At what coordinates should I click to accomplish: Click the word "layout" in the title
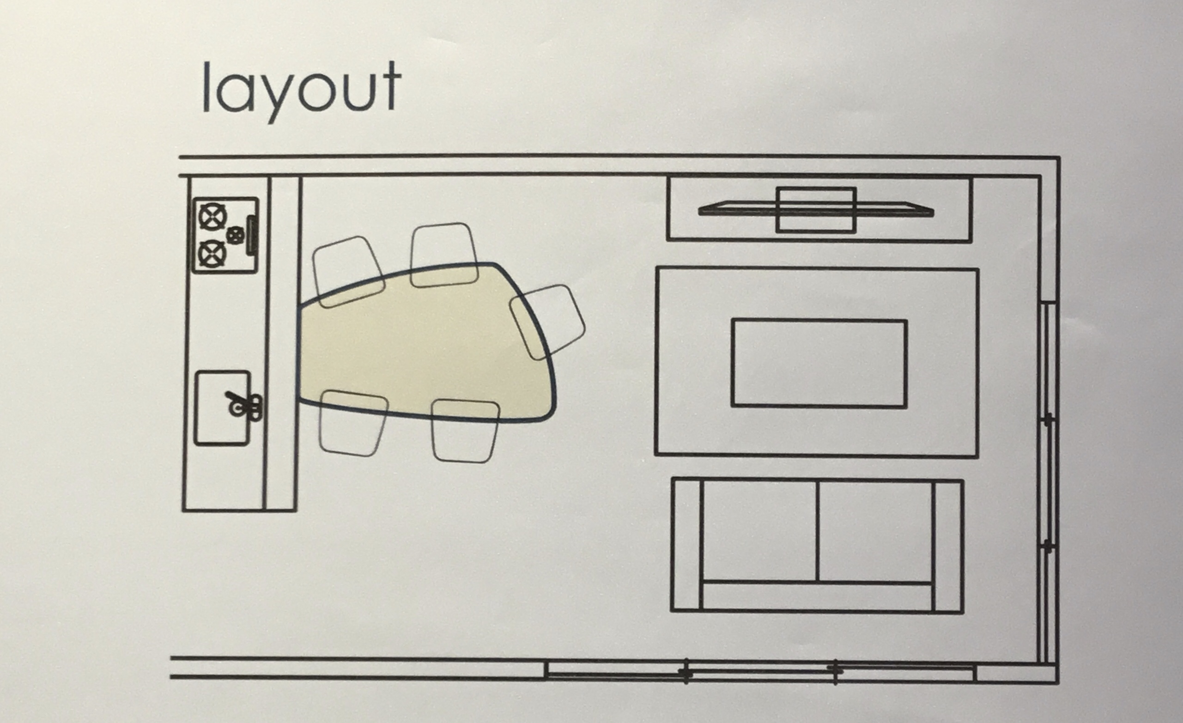(x=302, y=91)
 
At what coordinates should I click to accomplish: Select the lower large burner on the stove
(x=212, y=254)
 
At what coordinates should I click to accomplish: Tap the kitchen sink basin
(x=222, y=407)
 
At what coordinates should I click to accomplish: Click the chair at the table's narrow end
(x=547, y=322)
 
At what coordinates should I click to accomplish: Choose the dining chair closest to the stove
(x=349, y=272)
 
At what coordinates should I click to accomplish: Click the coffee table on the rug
(x=819, y=364)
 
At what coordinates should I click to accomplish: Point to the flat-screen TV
(x=816, y=210)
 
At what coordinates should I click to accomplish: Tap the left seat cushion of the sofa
(x=759, y=531)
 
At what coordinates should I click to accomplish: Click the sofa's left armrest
(x=686, y=544)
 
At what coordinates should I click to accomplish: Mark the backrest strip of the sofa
(x=817, y=597)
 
